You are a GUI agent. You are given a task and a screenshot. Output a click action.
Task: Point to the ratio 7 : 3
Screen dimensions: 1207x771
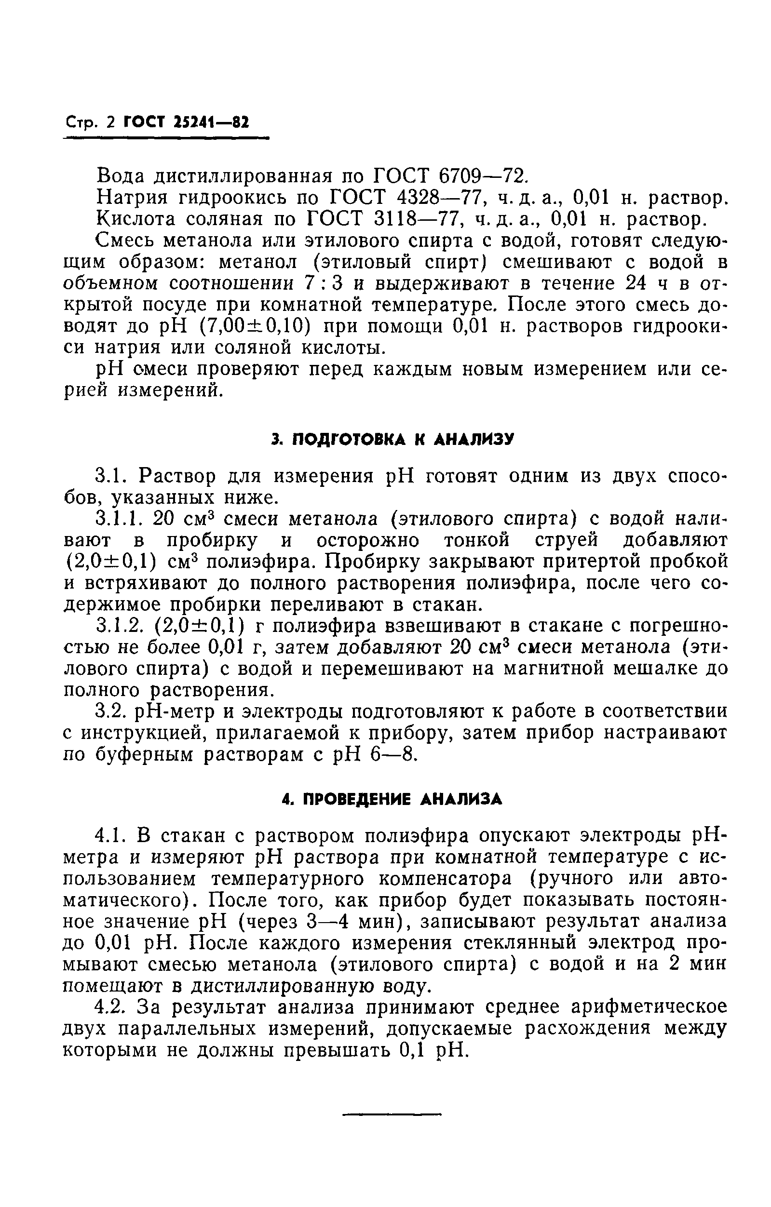click(x=324, y=283)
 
